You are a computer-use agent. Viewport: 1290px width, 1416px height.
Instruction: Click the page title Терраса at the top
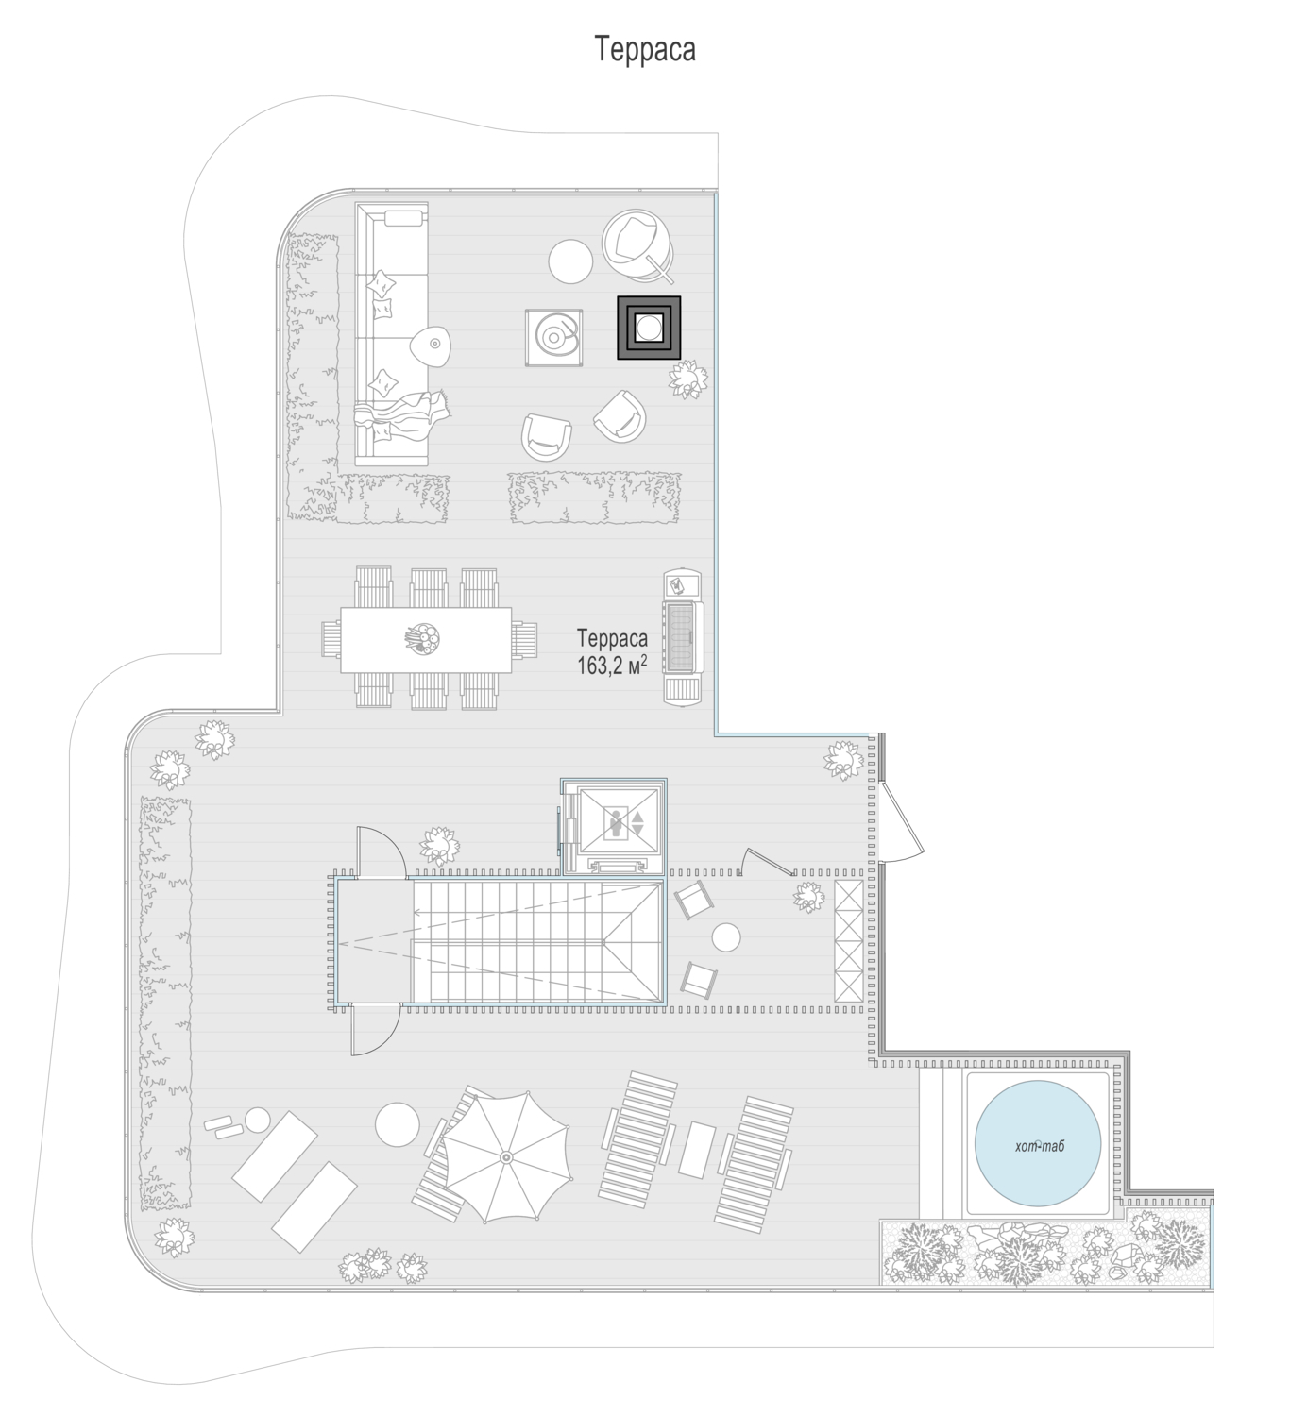644,49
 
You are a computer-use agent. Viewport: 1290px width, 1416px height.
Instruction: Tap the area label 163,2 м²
612,665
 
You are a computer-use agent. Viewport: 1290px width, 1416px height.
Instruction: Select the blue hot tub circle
1037,1143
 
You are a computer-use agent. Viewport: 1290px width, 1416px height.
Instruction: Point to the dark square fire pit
649,328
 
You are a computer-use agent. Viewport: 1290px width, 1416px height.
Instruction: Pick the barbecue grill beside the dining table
683,636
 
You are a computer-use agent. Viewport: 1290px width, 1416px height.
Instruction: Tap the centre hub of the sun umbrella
506,1157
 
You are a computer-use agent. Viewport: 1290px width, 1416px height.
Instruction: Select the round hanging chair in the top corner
638,244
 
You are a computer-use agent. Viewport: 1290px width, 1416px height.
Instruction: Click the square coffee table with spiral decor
553,337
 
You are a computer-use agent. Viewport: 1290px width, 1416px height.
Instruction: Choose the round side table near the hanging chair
570,261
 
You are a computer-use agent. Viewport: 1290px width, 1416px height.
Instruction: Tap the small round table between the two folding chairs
726,938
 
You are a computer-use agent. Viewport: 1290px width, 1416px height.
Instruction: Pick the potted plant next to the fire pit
688,379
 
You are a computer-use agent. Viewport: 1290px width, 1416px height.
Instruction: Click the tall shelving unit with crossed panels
848,941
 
